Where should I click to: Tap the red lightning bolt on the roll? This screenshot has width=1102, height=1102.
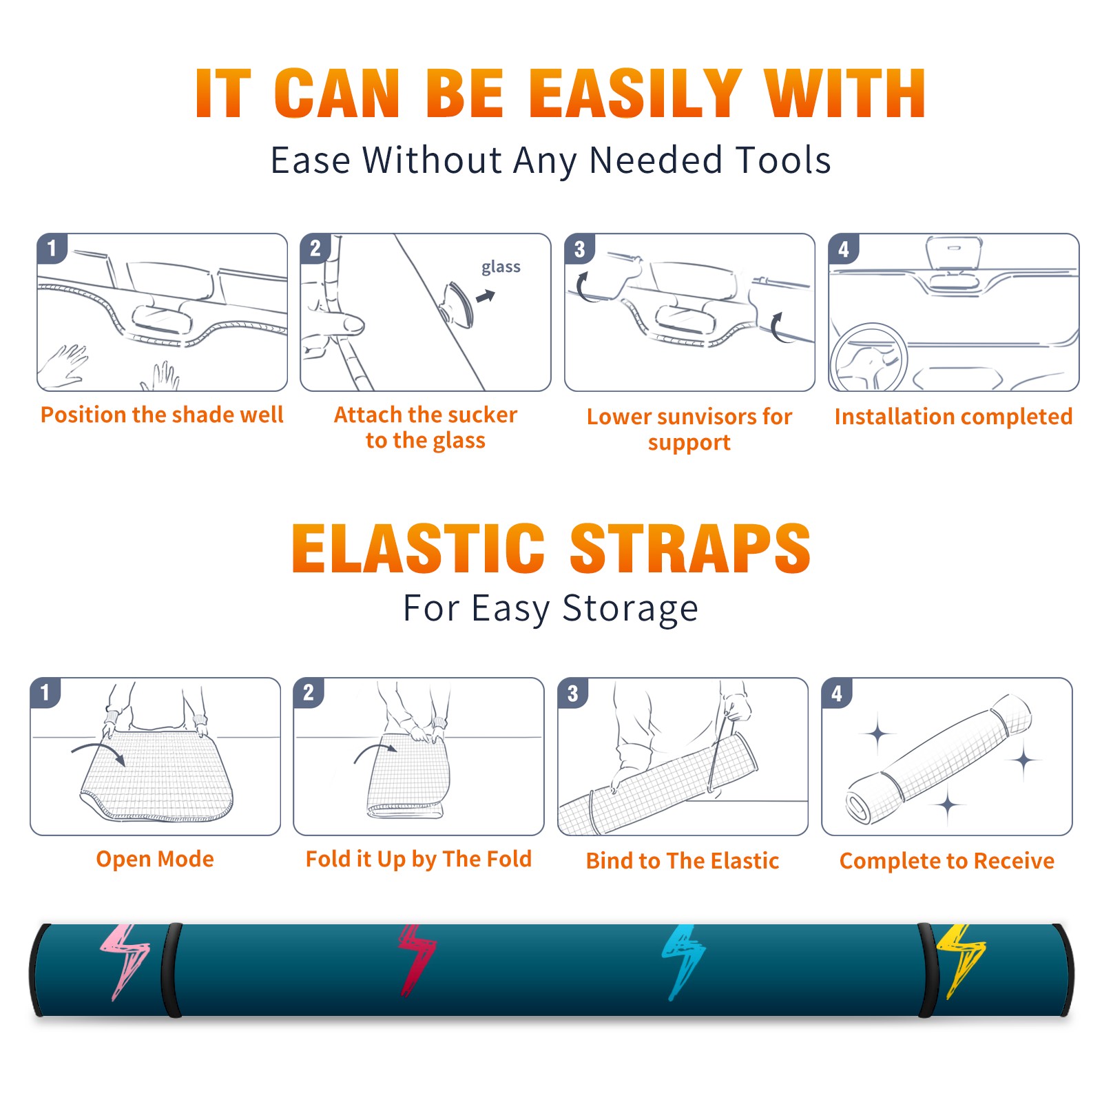tap(417, 959)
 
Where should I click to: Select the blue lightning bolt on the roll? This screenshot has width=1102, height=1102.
tap(683, 961)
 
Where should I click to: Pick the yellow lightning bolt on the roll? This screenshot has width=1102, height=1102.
tap(961, 960)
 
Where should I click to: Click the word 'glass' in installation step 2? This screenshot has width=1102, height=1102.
tap(501, 267)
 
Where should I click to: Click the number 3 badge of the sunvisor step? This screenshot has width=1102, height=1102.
tap(579, 249)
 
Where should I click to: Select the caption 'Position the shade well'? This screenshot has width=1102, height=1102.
tap(162, 415)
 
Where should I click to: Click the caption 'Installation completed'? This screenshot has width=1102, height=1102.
tap(953, 417)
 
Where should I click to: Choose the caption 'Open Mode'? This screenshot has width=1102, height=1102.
tap(155, 859)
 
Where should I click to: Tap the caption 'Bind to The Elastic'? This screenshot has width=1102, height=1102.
tap(683, 861)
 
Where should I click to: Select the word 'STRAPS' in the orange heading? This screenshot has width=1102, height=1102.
tap(690, 548)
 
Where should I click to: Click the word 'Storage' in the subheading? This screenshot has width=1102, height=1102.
tap(630, 609)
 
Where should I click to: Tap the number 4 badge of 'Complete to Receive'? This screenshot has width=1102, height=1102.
tap(837, 694)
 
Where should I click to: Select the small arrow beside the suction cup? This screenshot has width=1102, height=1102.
tap(486, 296)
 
